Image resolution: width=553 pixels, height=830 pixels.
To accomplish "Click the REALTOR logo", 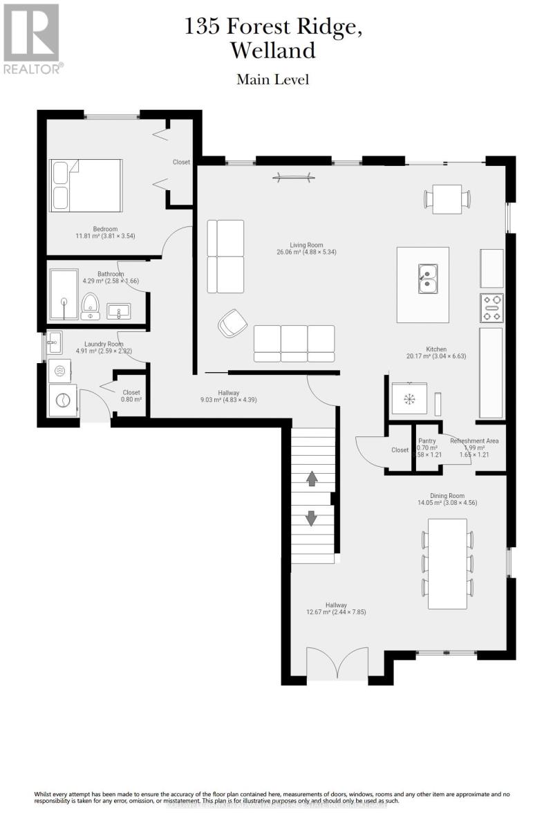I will tap(32, 38).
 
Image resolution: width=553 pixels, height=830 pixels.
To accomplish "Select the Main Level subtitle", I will tap(272, 80).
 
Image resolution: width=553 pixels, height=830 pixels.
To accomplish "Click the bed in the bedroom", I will tap(86, 185).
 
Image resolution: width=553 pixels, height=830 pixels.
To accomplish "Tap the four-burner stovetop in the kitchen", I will tap(491, 308).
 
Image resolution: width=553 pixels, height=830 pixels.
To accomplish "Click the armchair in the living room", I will tap(232, 323).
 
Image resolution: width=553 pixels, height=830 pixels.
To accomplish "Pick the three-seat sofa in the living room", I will tap(294, 344).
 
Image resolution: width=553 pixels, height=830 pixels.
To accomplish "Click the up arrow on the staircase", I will tap(311, 478).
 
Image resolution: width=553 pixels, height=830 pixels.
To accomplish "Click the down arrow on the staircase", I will tap(311, 517).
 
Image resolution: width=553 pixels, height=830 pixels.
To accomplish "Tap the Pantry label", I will tap(427, 441).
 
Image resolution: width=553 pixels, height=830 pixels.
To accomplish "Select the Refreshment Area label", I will tap(474, 441).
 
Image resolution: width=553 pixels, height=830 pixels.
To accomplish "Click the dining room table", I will tap(447, 564).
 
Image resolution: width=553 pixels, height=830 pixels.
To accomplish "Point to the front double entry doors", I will tap(337, 665).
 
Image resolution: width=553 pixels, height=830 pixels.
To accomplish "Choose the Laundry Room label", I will tap(104, 344).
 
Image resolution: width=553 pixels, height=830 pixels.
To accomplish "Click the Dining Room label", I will tap(447, 495).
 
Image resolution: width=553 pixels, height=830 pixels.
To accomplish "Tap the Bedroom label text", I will tap(105, 229).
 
